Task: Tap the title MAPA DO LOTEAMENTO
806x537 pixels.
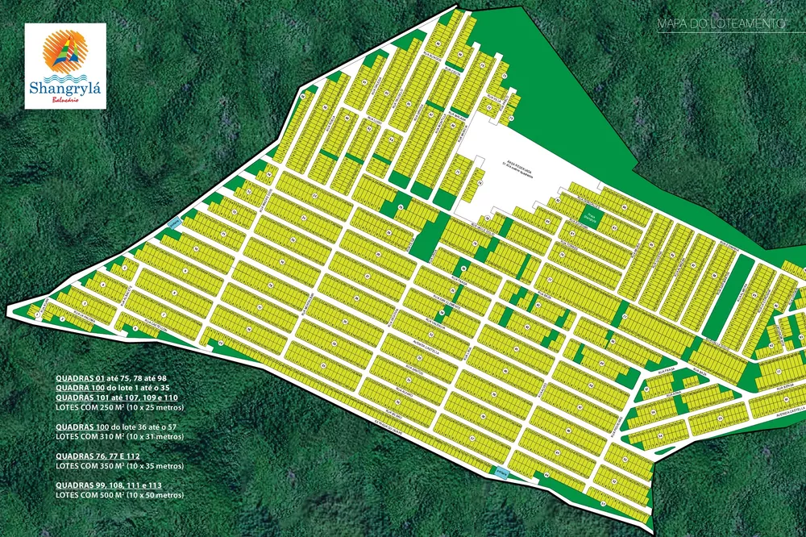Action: click(722, 25)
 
